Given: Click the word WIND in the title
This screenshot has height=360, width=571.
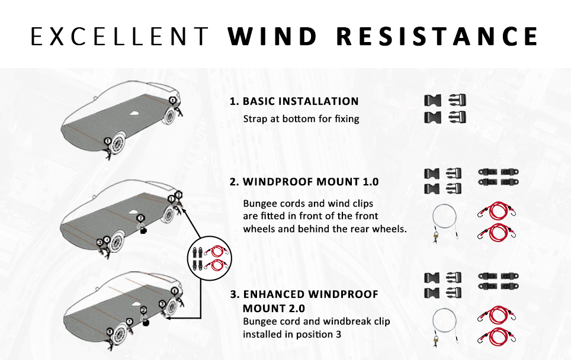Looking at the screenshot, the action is tap(272, 36).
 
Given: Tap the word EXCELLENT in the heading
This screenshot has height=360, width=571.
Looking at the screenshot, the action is tap(120, 36).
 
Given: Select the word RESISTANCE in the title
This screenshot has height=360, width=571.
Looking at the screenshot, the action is tap(437, 36).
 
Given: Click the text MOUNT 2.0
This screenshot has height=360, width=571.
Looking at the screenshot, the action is tap(274, 308).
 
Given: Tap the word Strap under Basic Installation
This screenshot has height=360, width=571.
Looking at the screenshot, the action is tap(255, 119).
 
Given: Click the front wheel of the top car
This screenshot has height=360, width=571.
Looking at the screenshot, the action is tap(117, 143).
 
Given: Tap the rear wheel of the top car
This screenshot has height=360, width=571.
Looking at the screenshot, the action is tap(169, 114).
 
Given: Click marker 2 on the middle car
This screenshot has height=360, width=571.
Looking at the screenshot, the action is tap(140, 218).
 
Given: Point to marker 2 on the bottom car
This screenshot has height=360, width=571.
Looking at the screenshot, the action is tap(143, 310).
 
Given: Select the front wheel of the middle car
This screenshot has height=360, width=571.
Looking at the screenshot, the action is tap(117, 242).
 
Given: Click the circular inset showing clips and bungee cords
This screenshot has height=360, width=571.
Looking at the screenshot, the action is tap(210, 258).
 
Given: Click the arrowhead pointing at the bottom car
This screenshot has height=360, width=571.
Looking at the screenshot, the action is tap(168, 318).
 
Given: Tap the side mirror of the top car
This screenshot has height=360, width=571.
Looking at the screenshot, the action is tap(95, 98).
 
